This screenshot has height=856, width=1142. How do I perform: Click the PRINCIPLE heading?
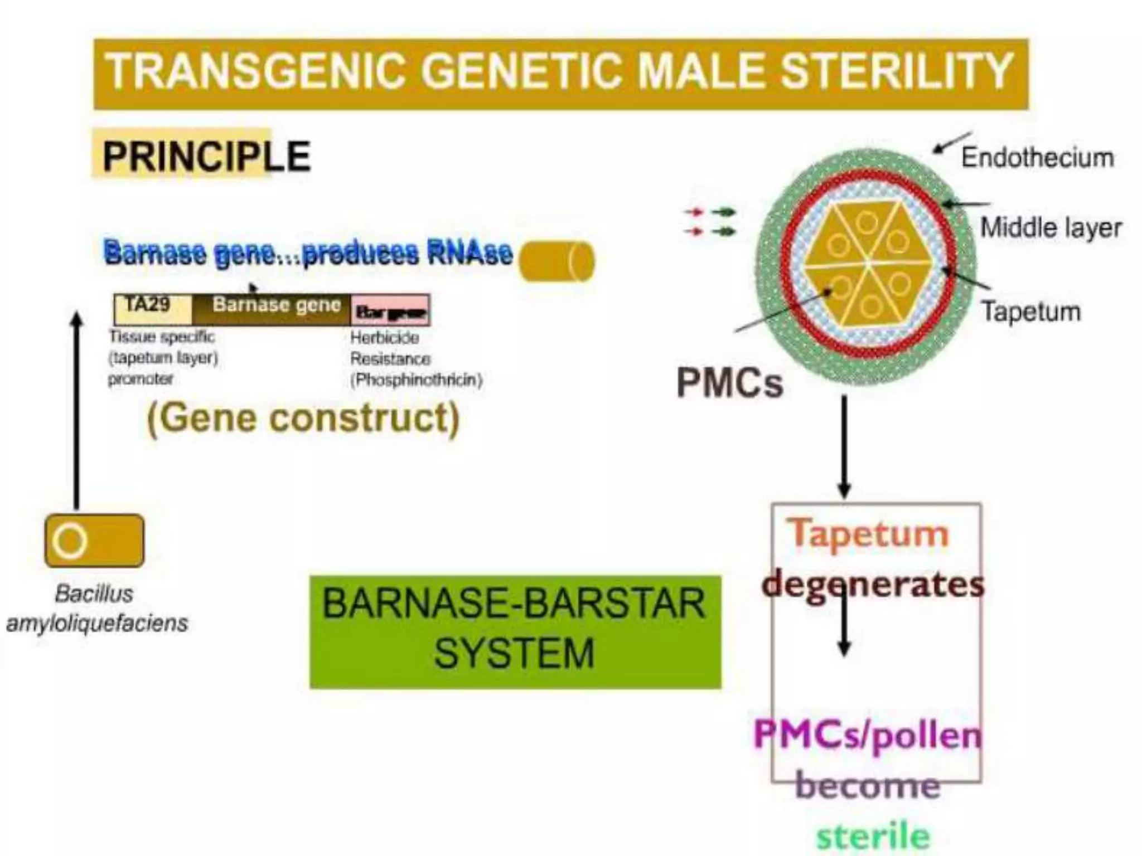click(x=206, y=157)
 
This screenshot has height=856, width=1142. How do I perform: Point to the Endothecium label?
click(x=1037, y=158)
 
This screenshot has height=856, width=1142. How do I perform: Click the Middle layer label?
click(x=1051, y=228)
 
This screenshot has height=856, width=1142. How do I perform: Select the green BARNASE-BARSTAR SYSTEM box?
click(x=515, y=631)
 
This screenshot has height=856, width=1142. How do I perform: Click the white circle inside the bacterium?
click(x=70, y=541)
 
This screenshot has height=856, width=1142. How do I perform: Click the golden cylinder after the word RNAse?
click(x=557, y=261)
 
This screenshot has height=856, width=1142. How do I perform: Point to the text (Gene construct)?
click(x=303, y=418)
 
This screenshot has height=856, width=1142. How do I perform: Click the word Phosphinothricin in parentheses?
click(x=416, y=380)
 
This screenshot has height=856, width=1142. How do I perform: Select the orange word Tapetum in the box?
click(x=868, y=533)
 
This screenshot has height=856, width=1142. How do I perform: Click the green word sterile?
click(x=873, y=836)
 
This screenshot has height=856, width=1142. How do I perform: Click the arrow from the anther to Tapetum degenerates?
click(x=844, y=446)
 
